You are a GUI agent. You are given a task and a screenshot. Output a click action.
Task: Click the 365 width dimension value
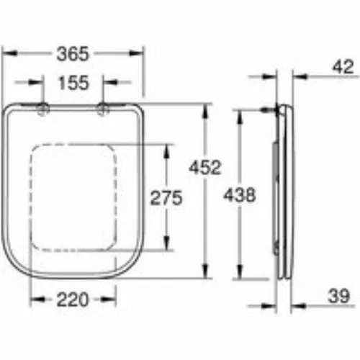point(73,53)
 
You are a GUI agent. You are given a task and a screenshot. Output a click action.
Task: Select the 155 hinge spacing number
point(73,83)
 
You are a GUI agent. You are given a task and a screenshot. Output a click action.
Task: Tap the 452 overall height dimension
point(204,167)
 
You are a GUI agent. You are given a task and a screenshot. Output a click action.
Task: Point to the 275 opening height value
point(166,198)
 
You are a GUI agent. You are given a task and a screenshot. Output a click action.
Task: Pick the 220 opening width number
point(73,300)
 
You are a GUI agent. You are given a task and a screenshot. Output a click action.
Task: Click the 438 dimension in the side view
point(240,194)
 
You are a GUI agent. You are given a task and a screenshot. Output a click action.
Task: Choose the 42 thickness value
point(343,66)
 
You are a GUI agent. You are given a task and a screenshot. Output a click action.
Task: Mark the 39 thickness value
point(338,296)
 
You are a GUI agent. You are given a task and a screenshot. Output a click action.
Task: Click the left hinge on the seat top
point(43,109)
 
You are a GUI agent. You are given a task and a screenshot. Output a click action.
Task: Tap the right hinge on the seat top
point(103,109)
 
